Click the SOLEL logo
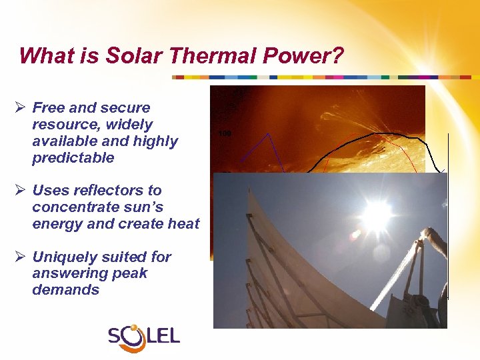point(144,335)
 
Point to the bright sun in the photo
point(377,213)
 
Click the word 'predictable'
point(73,158)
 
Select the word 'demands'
point(65,290)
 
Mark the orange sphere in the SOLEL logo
point(135,329)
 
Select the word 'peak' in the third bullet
point(133,273)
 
